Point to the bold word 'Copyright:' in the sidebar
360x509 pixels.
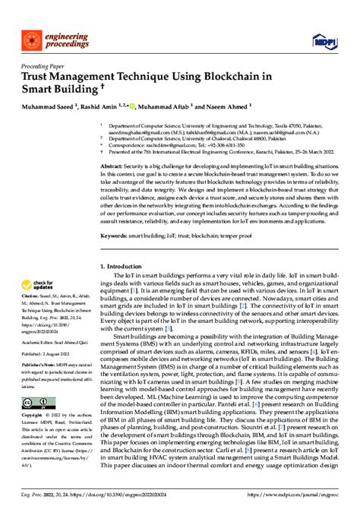pos(33,416)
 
